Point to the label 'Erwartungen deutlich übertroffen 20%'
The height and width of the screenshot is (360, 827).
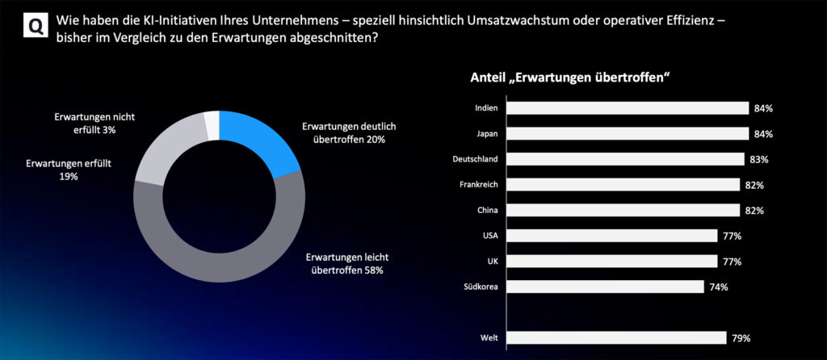[349, 133]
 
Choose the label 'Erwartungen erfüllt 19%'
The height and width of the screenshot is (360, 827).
[69, 170]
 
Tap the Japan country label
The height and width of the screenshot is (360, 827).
[486, 134]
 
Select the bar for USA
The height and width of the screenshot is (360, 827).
[612, 236]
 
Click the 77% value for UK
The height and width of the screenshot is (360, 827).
[733, 262]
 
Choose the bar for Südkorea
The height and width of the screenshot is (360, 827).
[605, 287]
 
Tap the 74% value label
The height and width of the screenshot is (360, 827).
[719, 287]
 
